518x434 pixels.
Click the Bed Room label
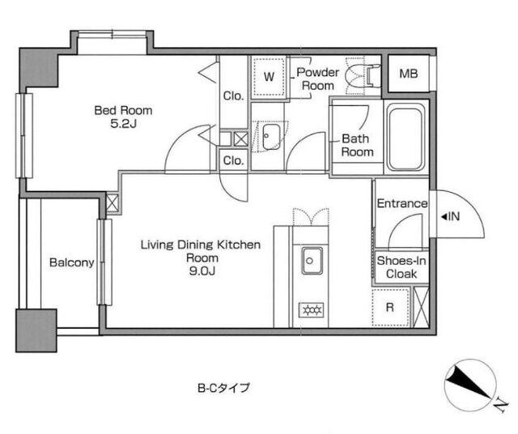coord(123,110)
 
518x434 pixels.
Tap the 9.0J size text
coord(202,271)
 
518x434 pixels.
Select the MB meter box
coord(408,74)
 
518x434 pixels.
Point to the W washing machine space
coord(269,77)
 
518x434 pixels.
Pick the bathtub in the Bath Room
coord(406,138)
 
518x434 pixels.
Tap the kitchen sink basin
coord(312,261)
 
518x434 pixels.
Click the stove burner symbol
coord(311,310)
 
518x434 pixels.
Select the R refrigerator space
coord(390,307)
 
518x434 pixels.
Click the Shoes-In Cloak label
coord(401,267)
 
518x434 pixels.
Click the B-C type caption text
coord(223,387)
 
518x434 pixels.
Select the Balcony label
coord(72,262)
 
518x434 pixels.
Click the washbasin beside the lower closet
coord(271,137)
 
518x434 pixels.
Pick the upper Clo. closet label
coord(233,96)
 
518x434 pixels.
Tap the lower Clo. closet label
coord(233,160)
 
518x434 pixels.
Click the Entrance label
coord(402,203)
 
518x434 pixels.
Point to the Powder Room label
coord(318,79)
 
